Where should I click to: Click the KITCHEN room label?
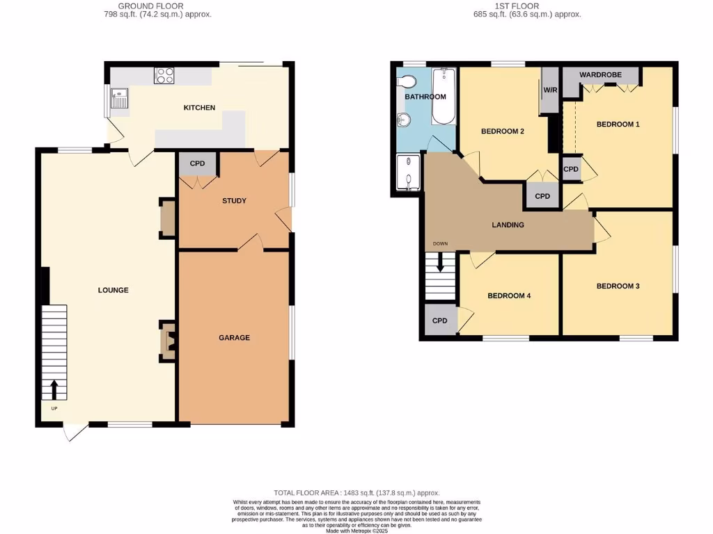click(x=199, y=108)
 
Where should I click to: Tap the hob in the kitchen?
click(x=164, y=75)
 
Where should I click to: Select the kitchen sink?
click(x=120, y=99)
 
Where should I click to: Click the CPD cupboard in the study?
click(x=198, y=165)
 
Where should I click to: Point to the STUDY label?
click(x=234, y=201)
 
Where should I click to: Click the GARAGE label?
click(x=234, y=338)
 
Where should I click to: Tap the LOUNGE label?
click(x=113, y=290)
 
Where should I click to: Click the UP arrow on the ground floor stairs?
click(x=54, y=389)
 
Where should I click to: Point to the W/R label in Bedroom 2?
click(x=550, y=90)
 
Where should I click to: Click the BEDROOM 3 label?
click(x=618, y=286)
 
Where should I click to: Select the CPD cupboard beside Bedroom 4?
click(x=439, y=321)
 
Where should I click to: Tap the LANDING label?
click(x=508, y=225)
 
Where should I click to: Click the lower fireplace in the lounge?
click(x=168, y=341)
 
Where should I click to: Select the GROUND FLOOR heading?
click(x=150, y=6)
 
